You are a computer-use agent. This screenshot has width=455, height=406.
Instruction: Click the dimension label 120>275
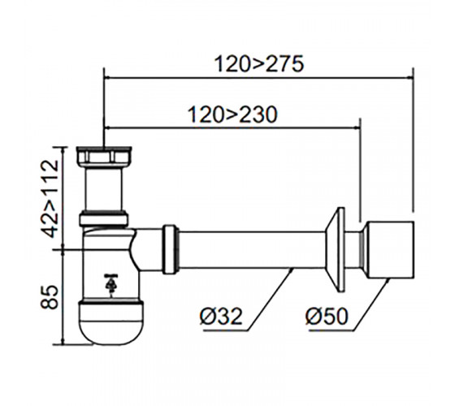(x=259, y=64)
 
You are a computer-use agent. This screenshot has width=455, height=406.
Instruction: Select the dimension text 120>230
(x=232, y=114)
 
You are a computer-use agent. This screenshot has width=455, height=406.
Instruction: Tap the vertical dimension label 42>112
(x=50, y=199)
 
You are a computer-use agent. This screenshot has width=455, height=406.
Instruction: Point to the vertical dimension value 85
(x=50, y=297)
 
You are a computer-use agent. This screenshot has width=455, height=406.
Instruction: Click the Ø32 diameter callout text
(x=221, y=316)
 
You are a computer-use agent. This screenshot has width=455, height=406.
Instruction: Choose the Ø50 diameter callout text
(x=327, y=316)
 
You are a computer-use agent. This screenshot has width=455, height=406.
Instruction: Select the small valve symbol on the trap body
(x=110, y=285)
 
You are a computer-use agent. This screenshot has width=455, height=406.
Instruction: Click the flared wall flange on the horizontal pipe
(x=335, y=249)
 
